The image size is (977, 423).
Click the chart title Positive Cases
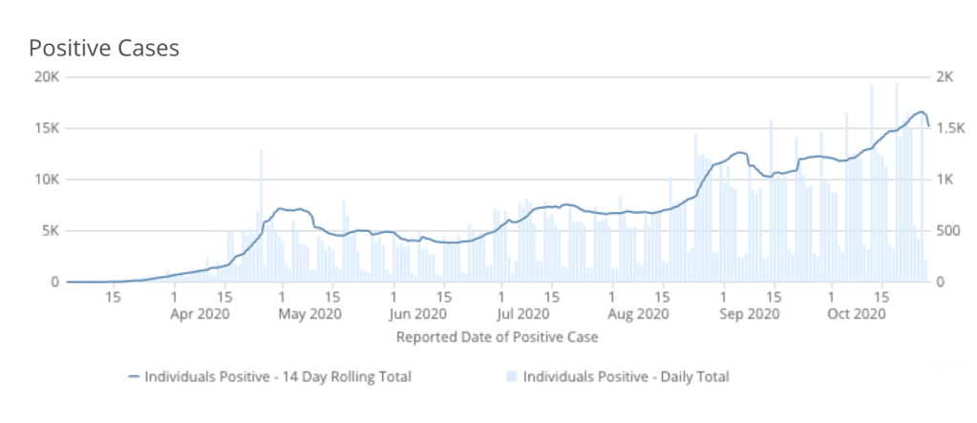tap(104, 49)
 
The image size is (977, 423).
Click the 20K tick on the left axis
tap(45, 77)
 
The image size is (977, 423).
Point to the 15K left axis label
tap(45, 129)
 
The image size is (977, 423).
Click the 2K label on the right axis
tap(945, 77)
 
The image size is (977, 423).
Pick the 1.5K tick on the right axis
tap(949, 129)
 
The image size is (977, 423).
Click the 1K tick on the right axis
tap(945, 180)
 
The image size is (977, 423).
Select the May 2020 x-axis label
tap(309, 313)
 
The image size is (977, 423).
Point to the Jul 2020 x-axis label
tap(522, 313)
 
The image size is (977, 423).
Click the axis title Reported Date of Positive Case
tap(497, 336)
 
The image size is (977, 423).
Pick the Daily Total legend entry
tap(625, 377)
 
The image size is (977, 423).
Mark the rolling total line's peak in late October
tap(921, 112)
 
